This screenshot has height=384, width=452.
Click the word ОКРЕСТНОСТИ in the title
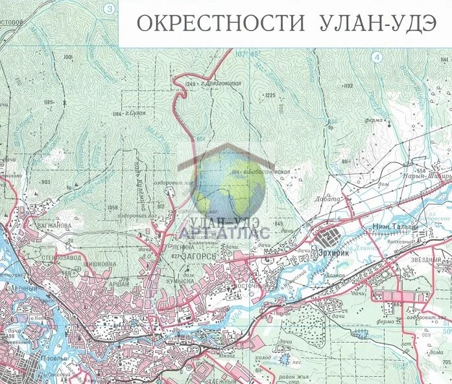[220, 23]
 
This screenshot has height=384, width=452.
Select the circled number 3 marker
[110, 8]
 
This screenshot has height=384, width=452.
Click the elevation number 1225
[270, 95]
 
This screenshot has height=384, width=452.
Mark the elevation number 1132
[348, 85]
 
